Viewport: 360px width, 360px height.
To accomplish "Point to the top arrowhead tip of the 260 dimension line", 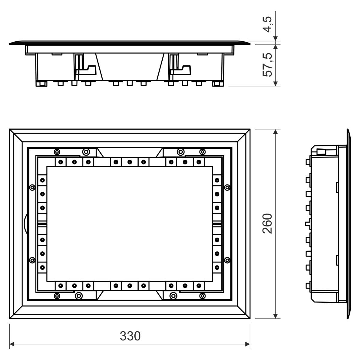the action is tap(275, 129).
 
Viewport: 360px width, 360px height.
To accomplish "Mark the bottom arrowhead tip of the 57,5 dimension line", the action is tap(275, 86).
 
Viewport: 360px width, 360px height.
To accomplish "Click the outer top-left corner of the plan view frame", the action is tap(9, 129).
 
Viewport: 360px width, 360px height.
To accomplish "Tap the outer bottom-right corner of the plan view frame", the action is tap(250, 319).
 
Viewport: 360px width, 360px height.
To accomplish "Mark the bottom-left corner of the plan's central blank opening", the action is tap(47, 281).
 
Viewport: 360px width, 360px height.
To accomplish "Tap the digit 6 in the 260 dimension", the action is tap(267, 223).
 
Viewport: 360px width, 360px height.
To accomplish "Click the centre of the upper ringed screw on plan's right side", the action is tap(227, 187).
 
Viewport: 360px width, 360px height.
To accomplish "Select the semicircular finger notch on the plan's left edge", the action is tap(26, 223).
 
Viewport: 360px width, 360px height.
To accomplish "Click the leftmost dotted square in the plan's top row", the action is tap(61, 162).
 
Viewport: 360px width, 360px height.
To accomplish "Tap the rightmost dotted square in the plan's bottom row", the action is tap(199, 286).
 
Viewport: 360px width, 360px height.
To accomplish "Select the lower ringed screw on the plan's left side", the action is tap(32, 260).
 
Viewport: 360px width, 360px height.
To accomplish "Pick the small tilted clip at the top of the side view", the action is tap(321, 151).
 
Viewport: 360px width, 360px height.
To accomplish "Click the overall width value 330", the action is tap(130, 336).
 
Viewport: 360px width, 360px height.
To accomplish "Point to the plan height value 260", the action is tap(267, 223).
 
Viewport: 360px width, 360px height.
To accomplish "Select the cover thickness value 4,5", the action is tap(267, 25).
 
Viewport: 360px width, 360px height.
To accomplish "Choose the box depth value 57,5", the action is tap(267, 64).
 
